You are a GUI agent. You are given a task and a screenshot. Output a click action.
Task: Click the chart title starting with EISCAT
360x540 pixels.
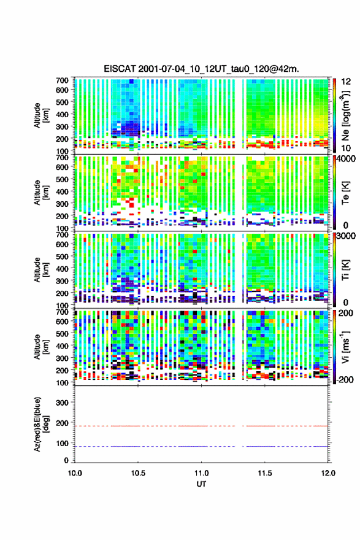pyautogui.click(x=201, y=69)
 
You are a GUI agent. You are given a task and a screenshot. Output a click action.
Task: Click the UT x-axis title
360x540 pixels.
pyautogui.click(x=201, y=484)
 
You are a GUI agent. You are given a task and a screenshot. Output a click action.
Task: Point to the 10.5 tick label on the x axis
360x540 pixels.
pyautogui.click(x=138, y=473)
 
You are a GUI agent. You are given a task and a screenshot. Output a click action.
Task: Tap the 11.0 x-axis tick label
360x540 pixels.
pyautogui.click(x=201, y=473)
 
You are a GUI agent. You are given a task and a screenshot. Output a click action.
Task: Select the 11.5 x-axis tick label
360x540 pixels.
pyautogui.click(x=265, y=473)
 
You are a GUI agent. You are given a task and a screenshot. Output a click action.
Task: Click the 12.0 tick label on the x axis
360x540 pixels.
pyautogui.click(x=328, y=473)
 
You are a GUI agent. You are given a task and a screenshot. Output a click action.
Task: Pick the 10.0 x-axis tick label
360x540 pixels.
pyautogui.click(x=75, y=473)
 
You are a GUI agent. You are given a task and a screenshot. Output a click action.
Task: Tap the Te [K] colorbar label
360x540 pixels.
pyautogui.click(x=345, y=192)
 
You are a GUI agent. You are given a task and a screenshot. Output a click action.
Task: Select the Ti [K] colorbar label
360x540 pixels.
pyautogui.click(x=345, y=269)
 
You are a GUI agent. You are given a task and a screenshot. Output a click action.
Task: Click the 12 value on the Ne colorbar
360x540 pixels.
pyautogui.click(x=346, y=82)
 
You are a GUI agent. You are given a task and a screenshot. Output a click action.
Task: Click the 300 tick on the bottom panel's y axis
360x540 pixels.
pyautogui.click(x=62, y=403)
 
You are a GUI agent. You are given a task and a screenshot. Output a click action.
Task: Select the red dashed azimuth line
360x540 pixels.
pyautogui.click(x=201, y=426)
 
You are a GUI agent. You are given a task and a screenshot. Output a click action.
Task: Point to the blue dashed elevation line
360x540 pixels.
pyautogui.click(x=201, y=446)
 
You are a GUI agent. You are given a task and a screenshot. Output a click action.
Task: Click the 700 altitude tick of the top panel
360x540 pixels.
pyautogui.click(x=62, y=80)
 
